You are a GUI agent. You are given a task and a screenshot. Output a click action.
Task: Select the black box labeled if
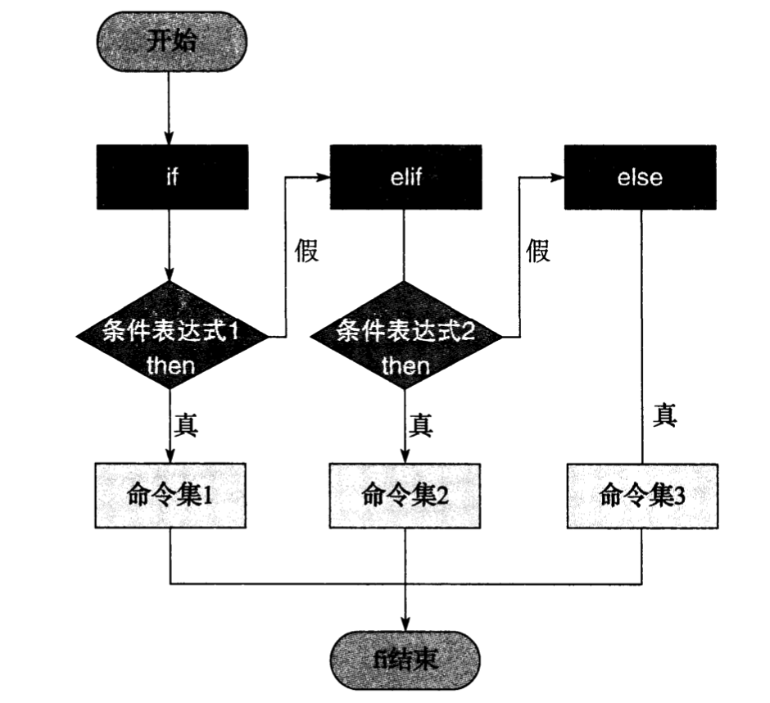click(171, 178)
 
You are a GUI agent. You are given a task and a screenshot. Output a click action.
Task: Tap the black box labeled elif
click(405, 178)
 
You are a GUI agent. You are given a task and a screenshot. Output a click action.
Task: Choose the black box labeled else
click(640, 178)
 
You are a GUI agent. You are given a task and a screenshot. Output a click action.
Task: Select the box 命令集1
click(171, 495)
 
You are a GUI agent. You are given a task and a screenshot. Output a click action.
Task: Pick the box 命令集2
click(405, 495)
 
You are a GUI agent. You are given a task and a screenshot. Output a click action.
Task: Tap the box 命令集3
click(641, 495)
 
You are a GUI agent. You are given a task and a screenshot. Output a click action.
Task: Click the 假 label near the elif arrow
click(306, 251)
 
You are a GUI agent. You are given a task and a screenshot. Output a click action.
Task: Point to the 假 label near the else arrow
click(538, 251)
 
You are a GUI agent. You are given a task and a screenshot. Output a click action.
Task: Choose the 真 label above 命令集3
click(665, 415)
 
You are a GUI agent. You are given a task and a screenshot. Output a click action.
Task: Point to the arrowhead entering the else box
click(558, 178)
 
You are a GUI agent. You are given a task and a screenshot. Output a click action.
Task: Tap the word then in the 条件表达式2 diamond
click(405, 365)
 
